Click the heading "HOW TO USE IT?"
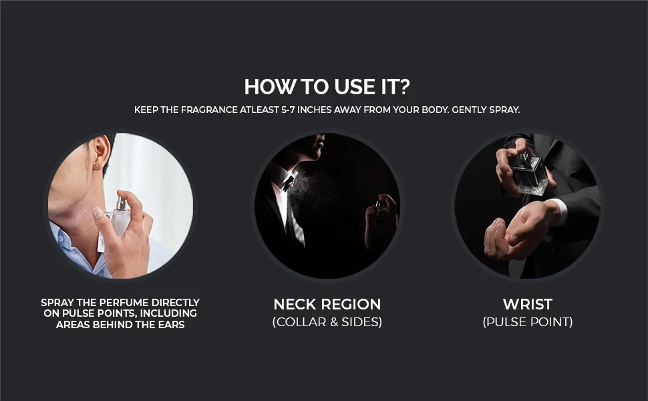click(x=327, y=87)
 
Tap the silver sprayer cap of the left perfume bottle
click(x=122, y=203)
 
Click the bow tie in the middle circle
click(x=288, y=181)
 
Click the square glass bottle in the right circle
click(x=529, y=174)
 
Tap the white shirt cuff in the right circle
click(x=556, y=212)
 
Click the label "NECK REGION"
click(x=327, y=304)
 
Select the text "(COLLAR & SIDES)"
click(x=327, y=322)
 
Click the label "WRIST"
click(x=528, y=304)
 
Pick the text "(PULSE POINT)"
click(x=528, y=322)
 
